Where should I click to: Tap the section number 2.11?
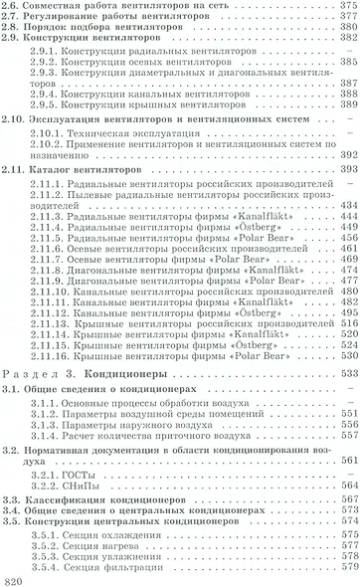click(17, 198)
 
